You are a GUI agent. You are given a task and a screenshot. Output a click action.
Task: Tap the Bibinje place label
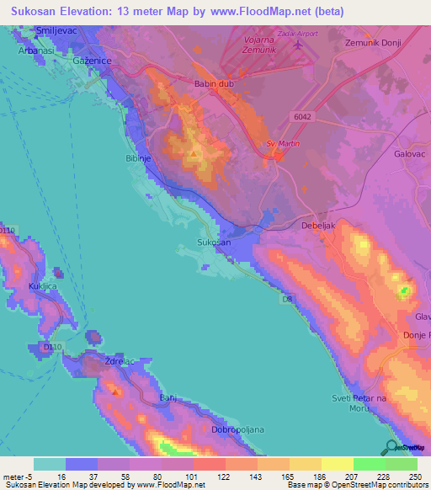pos(138,157)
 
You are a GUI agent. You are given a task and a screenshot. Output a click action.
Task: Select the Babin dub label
pos(214,84)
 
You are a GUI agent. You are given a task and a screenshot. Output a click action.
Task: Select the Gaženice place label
pos(92,62)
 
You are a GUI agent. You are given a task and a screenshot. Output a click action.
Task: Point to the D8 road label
pos(287,298)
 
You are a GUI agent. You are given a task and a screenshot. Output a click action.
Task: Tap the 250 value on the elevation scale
pos(417,476)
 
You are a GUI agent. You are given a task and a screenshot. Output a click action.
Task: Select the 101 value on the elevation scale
pos(191,476)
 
